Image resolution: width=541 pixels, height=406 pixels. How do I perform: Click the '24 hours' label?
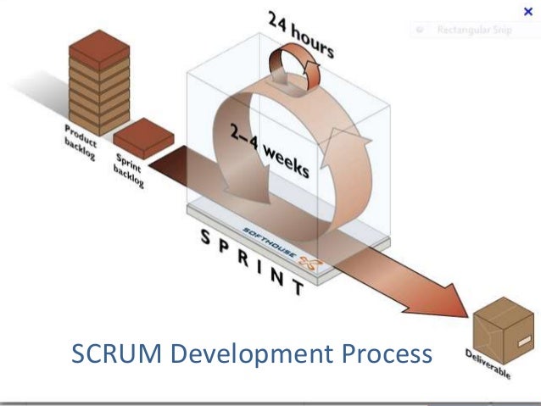click(x=301, y=35)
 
